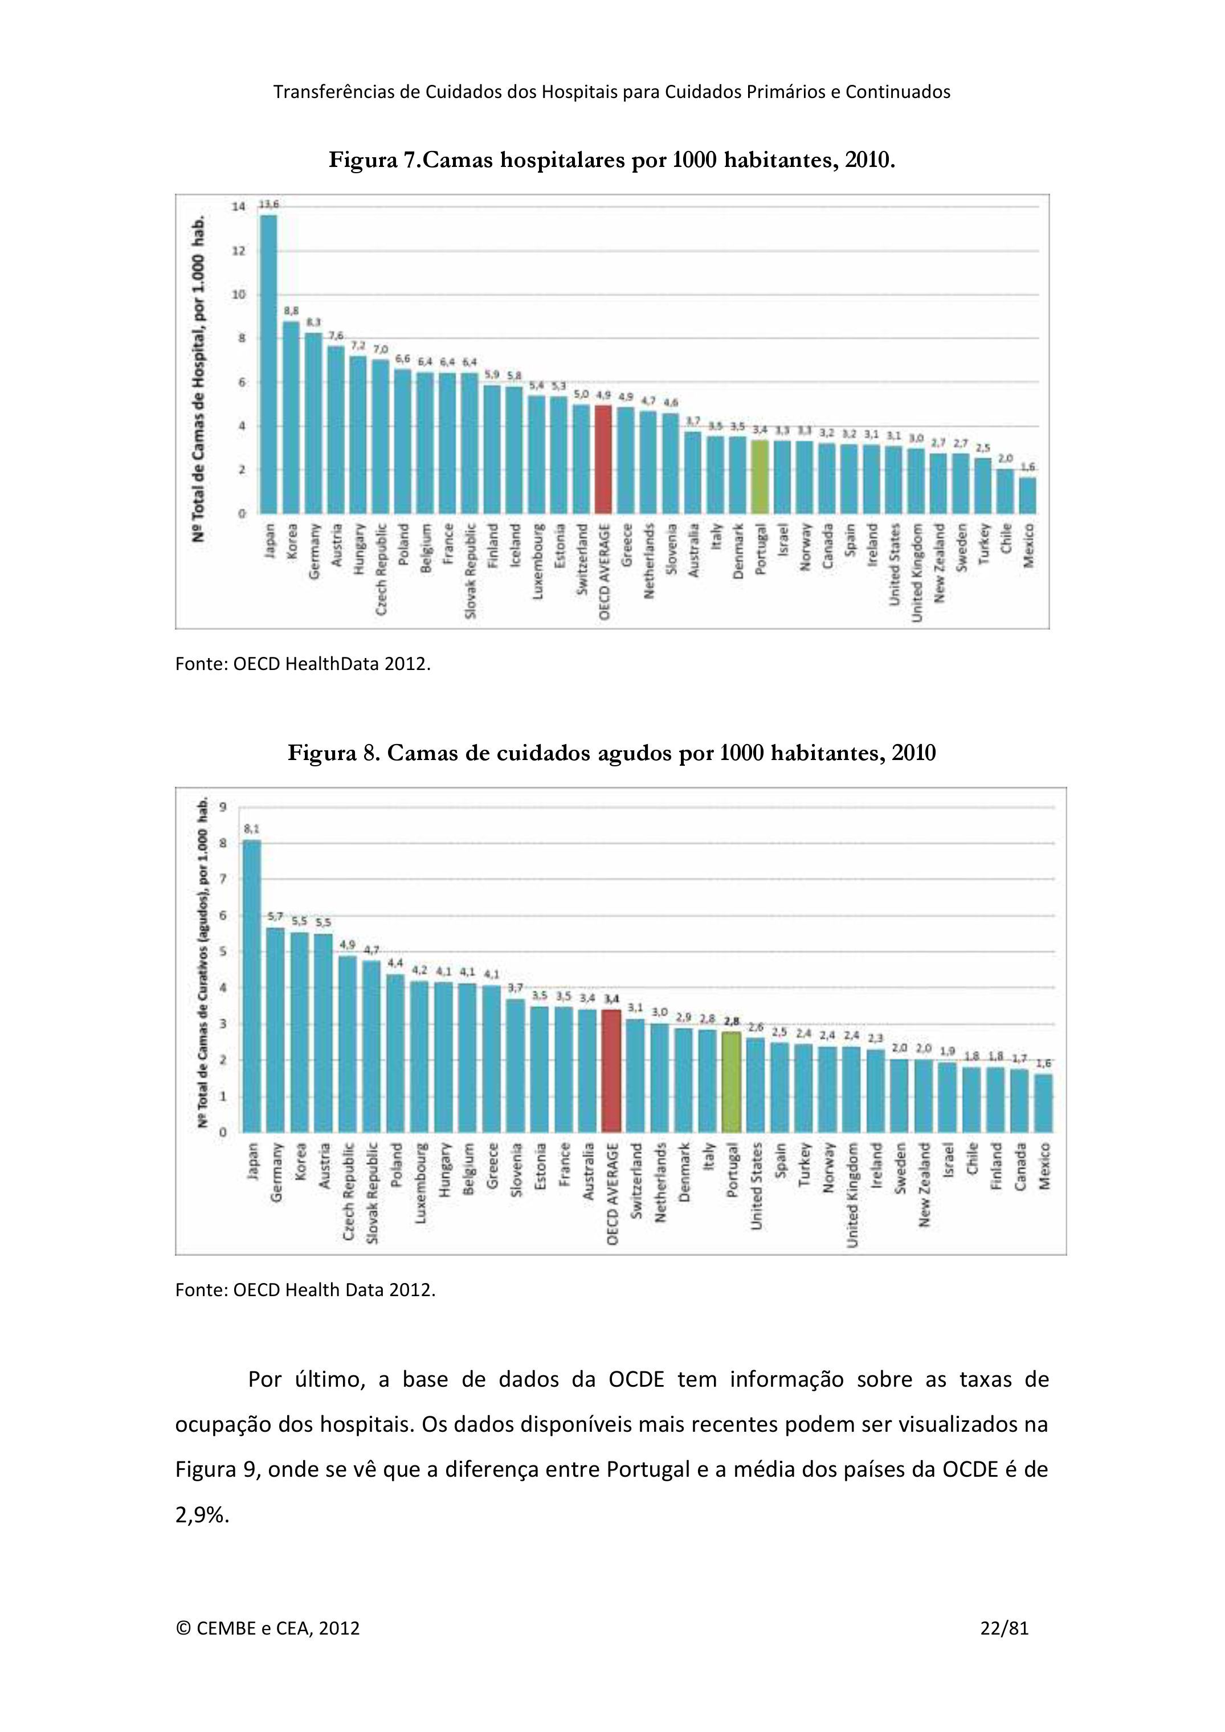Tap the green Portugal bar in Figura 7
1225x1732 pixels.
pos(759,476)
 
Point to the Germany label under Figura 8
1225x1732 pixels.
pos(276,1173)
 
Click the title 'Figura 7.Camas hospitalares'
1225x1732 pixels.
pos(612,161)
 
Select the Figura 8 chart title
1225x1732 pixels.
pos(612,753)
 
